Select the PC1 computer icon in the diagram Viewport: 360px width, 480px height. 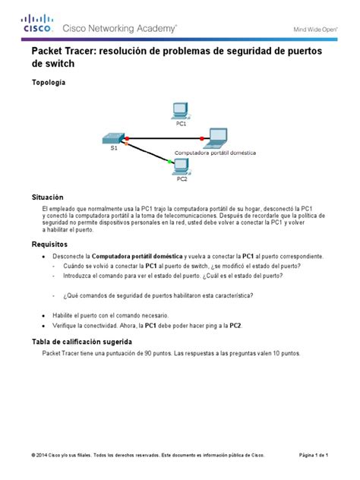tap(181, 109)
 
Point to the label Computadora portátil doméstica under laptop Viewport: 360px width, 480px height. tap(215, 152)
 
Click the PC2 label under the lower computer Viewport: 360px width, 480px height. tap(182, 179)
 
